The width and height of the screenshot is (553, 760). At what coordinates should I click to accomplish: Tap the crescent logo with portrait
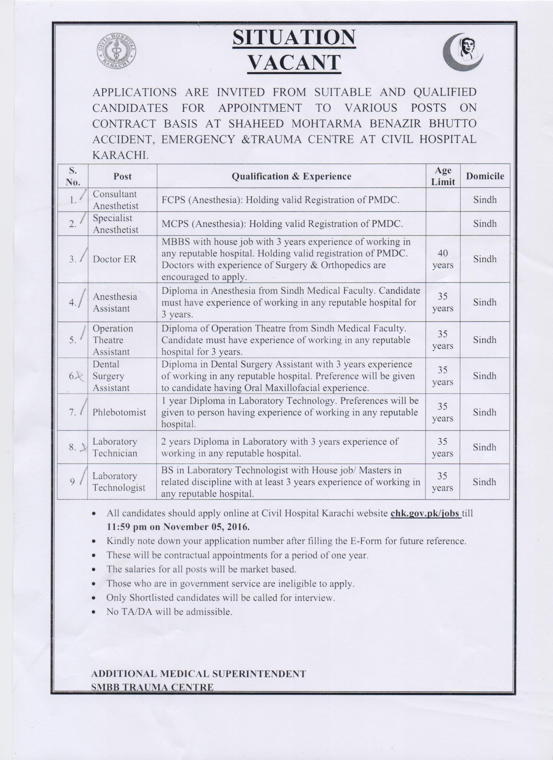tap(463, 52)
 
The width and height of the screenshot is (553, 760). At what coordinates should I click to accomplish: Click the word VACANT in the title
tap(294, 62)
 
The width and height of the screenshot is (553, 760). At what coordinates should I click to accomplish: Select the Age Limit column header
tap(443, 176)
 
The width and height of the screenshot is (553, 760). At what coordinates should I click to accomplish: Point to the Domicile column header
tap(485, 176)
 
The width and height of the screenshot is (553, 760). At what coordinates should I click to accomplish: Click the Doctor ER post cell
tap(115, 259)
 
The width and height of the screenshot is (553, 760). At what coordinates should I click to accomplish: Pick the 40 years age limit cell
tap(443, 259)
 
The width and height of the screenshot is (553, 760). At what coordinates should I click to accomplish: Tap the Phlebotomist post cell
tap(119, 412)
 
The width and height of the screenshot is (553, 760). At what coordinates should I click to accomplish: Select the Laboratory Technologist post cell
tap(119, 482)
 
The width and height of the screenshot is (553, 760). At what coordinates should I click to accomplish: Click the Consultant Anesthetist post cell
tap(115, 200)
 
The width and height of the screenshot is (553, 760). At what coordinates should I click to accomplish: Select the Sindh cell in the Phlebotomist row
tap(485, 412)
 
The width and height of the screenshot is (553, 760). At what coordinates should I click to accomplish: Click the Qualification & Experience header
tap(291, 176)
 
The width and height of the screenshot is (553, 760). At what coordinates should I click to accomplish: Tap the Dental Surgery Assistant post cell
tap(111, 376)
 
